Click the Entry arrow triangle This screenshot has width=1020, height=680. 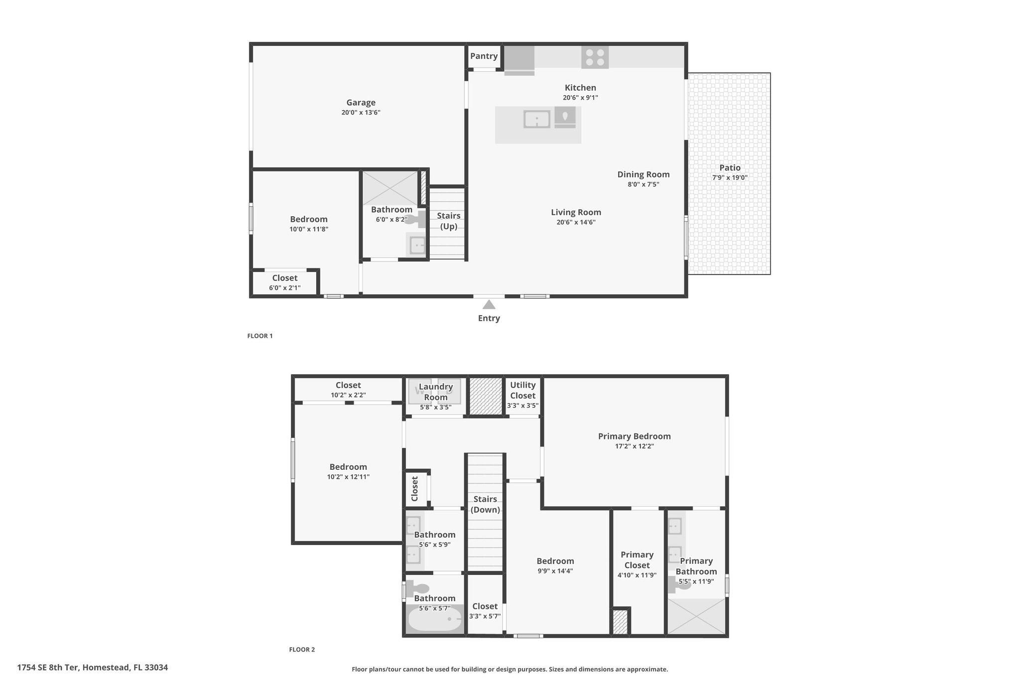coord(489,304)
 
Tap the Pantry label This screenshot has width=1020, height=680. coord(484,56)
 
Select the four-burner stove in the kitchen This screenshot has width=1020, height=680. coord(595,57)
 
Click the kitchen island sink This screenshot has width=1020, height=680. coord(537,120)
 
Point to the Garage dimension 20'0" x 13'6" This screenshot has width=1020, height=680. coord(361,113)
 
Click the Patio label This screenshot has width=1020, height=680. coord(730,168)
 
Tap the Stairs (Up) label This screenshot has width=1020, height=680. coord(449,221)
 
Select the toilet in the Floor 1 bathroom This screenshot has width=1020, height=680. coord(416,219)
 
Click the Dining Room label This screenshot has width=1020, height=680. coord(643,174)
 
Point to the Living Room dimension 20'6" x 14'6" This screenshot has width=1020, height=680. coord(576,222)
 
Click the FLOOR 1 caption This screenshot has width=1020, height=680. coord(260,336)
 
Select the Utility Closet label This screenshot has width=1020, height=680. coord(523,390)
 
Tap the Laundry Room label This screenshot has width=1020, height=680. coord(436,392)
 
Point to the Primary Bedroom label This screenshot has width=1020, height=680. coord(635,436)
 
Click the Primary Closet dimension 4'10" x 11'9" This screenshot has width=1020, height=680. coord(637,575)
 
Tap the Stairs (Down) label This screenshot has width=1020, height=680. coord(485,504)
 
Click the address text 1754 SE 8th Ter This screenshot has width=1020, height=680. coord(48,668)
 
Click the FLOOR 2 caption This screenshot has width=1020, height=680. coord(302,650)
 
